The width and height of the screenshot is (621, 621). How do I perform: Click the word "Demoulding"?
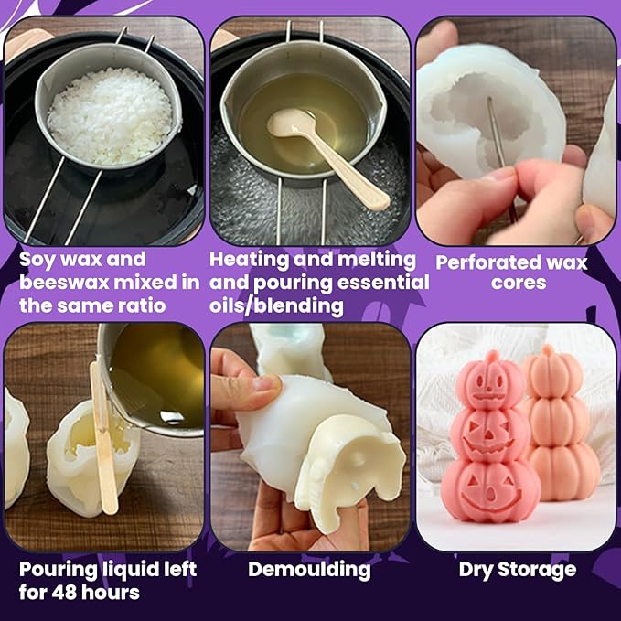[309, 570]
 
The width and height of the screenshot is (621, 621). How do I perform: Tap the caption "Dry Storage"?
[517, 570]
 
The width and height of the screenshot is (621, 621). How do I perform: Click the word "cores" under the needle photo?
[518, 284]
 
